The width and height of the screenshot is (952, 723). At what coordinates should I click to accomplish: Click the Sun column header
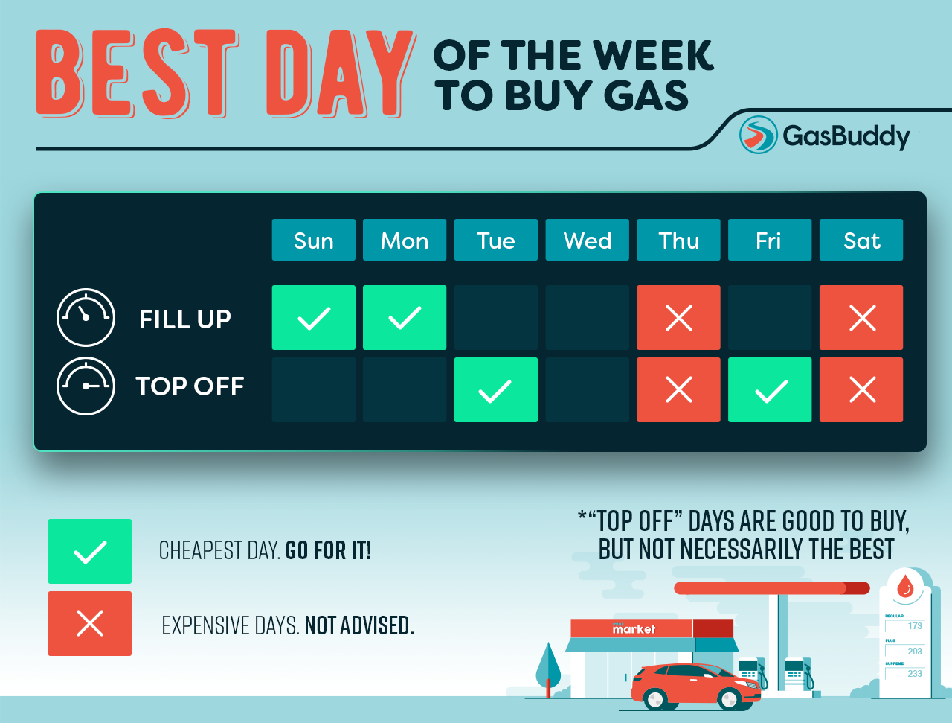pyautogui.click(x=313, y=240)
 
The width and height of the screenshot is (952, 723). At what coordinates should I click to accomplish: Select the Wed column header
pyautogui.click(x=587, y=240)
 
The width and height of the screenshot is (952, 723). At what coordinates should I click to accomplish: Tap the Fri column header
pyautogui.click(x=769, y=240)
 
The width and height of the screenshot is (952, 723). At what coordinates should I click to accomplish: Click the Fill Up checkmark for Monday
pyautogui.click(x=405, y=318)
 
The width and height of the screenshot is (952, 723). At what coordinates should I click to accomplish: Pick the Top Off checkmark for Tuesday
pyautogui.click(x=495, y=390)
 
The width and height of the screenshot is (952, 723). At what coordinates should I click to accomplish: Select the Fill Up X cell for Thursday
pyautogui.click(x=678, y=318)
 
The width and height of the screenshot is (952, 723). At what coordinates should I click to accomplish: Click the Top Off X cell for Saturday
pyautogui.click(x=861, y=390)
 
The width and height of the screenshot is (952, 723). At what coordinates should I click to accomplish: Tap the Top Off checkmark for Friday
pyautogui.click(x=770, y=390)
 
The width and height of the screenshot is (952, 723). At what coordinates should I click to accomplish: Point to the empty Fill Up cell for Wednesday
pyautogui.click(x=587, y=318)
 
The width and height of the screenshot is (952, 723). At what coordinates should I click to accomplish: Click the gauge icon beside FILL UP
pyautogui.click(x=86, y=318)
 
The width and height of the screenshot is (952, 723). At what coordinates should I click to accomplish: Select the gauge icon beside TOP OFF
pyautogui.click(x=86, y=386)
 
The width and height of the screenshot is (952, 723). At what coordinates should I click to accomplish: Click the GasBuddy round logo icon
pyautogui.click(x=758, y=135)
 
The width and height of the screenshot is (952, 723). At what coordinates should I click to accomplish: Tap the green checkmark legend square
pyautogui.click(x=90, y=552)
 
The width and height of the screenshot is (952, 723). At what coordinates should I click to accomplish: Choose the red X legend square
pyautogui.click(x=90, y=623)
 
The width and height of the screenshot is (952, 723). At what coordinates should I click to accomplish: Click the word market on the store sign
pyautogui.click(x=634, y=629)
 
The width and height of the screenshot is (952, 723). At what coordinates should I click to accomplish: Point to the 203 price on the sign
pyautogui.click(x=914, y=651)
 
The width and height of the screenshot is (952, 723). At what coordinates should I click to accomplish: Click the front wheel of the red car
pyautogui.click(x=730, y=698)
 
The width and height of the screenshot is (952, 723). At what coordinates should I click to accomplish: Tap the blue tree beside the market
pyautogui.click(x=549, y=665)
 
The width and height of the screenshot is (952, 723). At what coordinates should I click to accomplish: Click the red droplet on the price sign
pyautogui.click(x=905, y=586)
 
